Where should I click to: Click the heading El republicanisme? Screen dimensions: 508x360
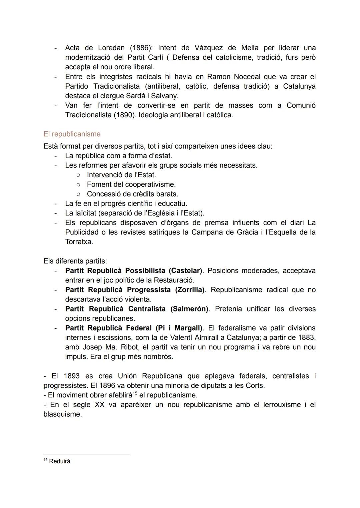72,134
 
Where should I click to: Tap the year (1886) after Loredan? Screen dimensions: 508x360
141,48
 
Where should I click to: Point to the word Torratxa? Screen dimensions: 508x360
79,242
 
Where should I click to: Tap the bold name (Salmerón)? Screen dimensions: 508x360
189,309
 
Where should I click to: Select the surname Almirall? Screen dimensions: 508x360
211,337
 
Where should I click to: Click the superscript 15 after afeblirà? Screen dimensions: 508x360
135,393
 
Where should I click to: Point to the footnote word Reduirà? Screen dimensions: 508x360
60,461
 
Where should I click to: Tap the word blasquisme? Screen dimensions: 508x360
62,414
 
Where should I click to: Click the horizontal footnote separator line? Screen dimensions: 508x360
87,454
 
